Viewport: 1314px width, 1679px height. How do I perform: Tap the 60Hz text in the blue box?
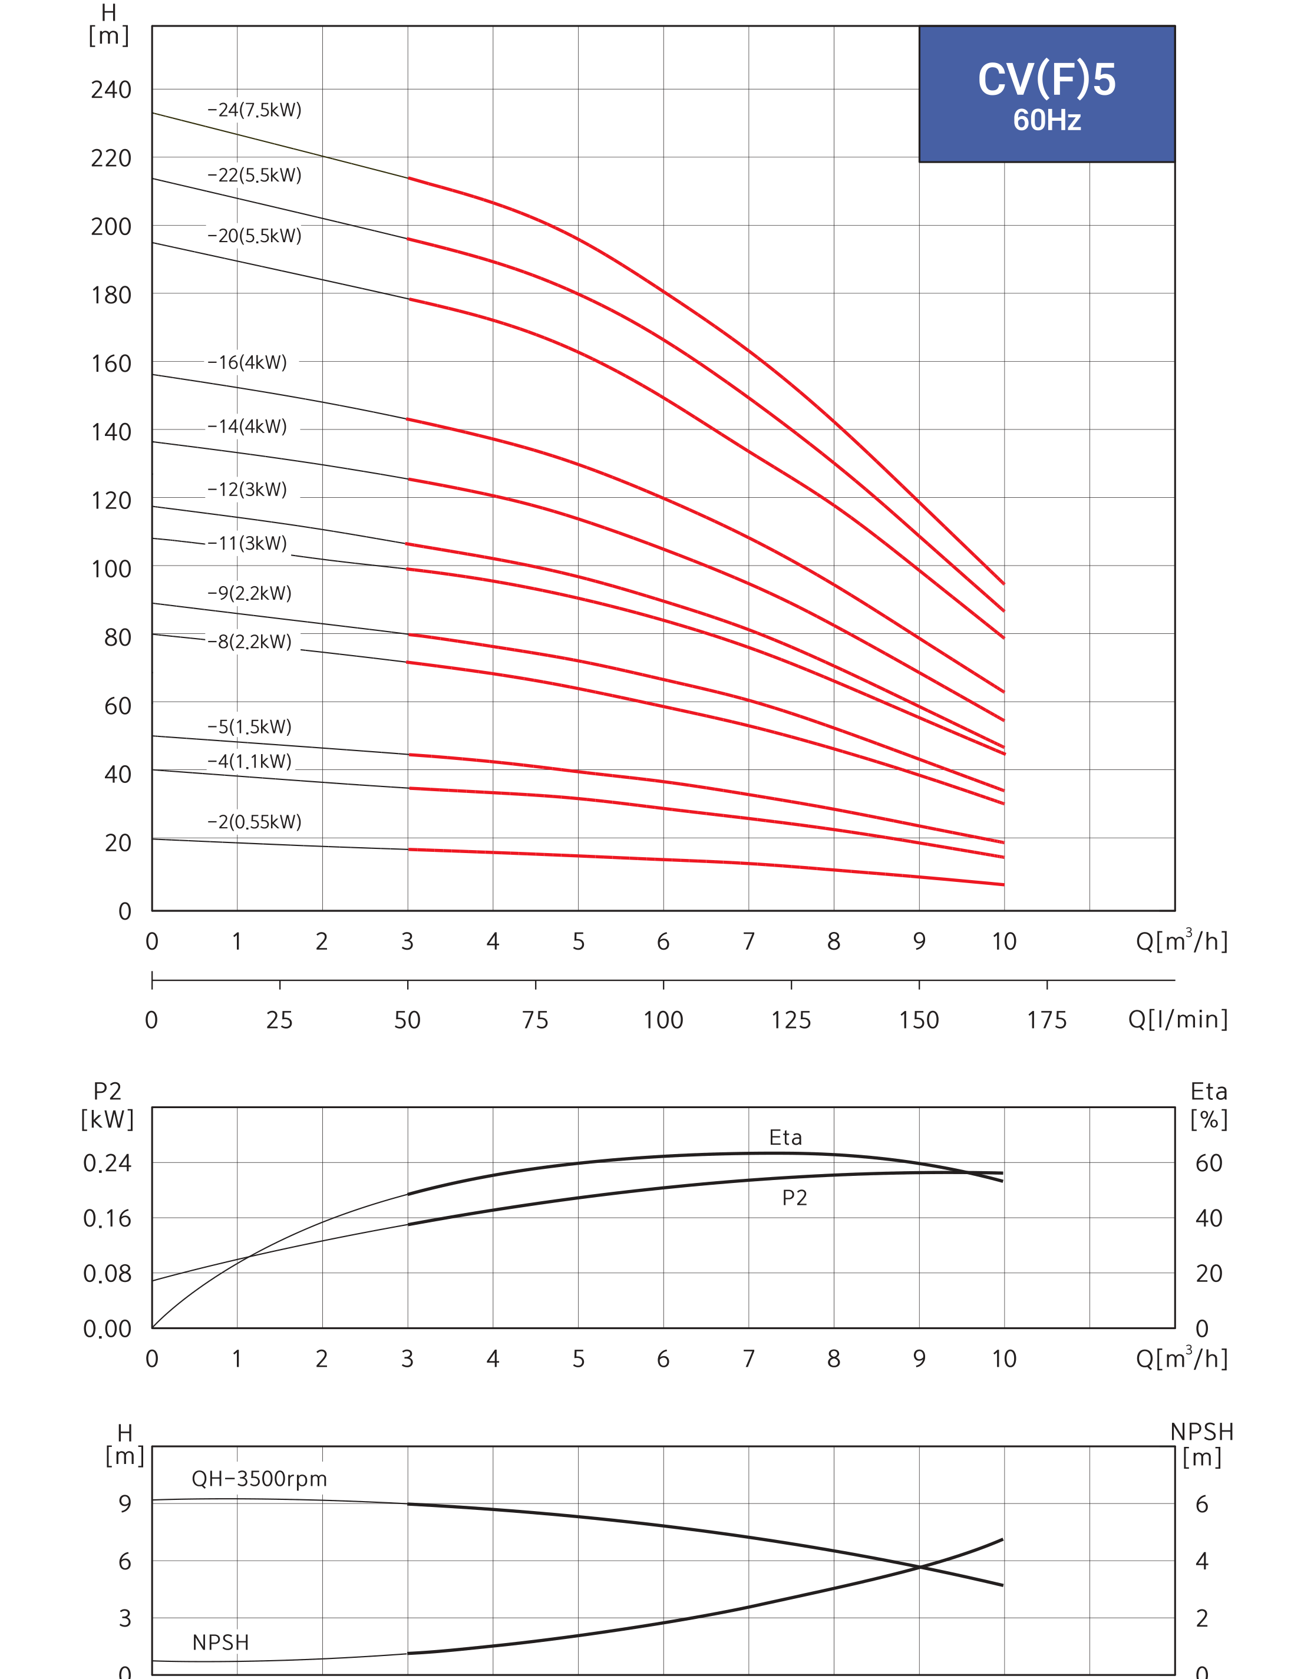[x=1047, y=120]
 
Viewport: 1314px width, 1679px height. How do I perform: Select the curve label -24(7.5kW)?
[x=255, y=110]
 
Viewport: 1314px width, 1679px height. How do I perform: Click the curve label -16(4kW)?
[x=247, y=362]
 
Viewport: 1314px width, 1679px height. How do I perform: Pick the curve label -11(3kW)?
[x=247, y=543]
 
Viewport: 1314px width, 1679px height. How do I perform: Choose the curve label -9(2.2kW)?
[x=249, y=593]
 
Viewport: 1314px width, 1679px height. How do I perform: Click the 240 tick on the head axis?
[x=111, y=90]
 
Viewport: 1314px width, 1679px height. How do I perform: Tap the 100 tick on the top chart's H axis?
[x=111, y=569]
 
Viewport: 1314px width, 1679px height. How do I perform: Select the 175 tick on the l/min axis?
[x=1047, y=1020]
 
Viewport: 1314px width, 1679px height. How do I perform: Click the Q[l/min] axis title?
[x=1178, y=1020]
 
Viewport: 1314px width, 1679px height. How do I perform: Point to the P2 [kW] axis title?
[x=108, y=1105]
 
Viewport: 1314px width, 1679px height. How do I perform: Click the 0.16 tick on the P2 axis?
[x=108, y=1218]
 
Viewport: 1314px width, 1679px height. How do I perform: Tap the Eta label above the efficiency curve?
[x=785, y=1138]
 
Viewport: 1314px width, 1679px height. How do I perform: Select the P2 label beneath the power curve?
[x=795, y=1198]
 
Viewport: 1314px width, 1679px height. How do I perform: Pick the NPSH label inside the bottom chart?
[x=221, y=1642]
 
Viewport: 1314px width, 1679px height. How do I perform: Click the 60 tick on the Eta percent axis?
[x=1209, y=1163]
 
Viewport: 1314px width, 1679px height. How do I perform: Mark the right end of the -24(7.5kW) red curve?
[x=1004, y=584]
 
